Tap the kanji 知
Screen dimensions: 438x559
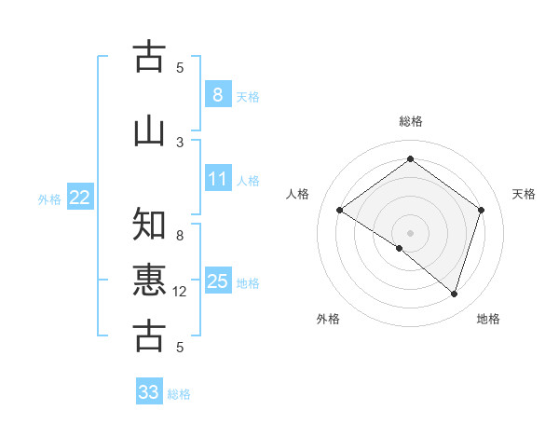(x=149, y=225)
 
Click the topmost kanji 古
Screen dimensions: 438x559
(x=149, y=56)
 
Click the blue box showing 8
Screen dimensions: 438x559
(x=217, y=94)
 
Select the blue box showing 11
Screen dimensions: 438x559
(x=217, y=179)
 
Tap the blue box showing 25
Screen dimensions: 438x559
(x=217, y=281)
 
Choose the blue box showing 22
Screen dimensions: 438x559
(x=80, y=197)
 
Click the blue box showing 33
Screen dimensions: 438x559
(x=149, y=392)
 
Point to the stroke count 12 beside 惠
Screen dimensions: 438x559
(x=180, y=292)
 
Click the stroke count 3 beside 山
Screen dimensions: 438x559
(x=180, y=142)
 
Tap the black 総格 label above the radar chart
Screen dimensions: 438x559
(x=410, y=121)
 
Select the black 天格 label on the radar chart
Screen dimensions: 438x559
(x=524, y=194)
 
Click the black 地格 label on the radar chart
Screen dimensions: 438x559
(x=488, y=319)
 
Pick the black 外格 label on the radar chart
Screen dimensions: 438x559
(x=328, y=319)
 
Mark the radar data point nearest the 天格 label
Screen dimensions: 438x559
(x=481, y=210)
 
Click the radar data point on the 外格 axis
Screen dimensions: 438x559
(x=400, y=248)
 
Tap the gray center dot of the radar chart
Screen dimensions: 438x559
(x=410, y=232)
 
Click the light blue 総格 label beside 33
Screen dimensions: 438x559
(x=179, y=394)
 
